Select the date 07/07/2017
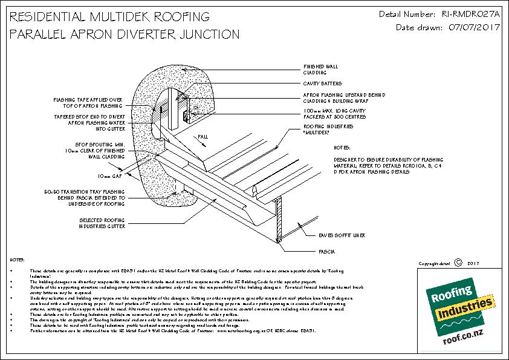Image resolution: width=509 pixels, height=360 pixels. point(469,27)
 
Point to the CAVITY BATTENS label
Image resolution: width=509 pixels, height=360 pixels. point(322,83)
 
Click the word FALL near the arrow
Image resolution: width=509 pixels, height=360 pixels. point(203,137)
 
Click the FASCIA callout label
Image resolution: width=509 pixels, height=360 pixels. point(326,250)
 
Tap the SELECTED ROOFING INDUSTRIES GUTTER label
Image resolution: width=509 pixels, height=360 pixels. point(102,223)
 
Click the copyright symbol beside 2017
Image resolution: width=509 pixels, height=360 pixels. point(458,263)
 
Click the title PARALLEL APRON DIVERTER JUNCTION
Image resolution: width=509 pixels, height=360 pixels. point(125,34)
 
